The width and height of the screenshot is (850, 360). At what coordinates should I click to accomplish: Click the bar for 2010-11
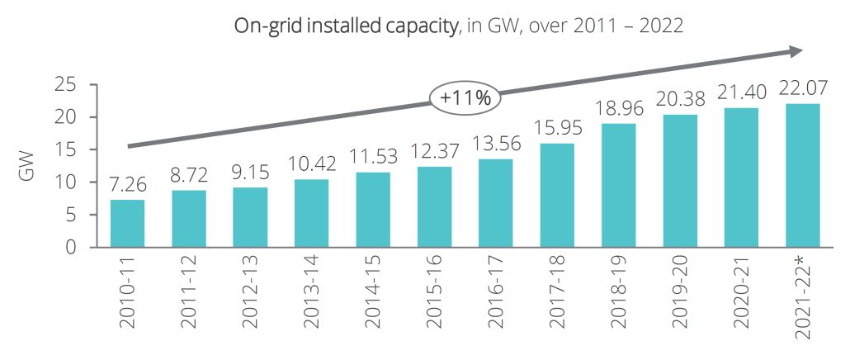click(x=127, y=223)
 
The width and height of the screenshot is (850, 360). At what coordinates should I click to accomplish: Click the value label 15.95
click(x=556, y=129)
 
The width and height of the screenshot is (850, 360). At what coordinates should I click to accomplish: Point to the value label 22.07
click(x=801, y=88)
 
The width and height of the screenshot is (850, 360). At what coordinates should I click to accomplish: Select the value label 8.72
click(x=189, y=174)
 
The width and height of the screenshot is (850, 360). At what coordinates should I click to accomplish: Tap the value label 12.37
click(x=434, y=151)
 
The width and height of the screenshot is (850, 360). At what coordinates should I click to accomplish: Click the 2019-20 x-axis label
click(x=679, y=294)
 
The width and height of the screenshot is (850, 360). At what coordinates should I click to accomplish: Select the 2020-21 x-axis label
click(x=740, y=294)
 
